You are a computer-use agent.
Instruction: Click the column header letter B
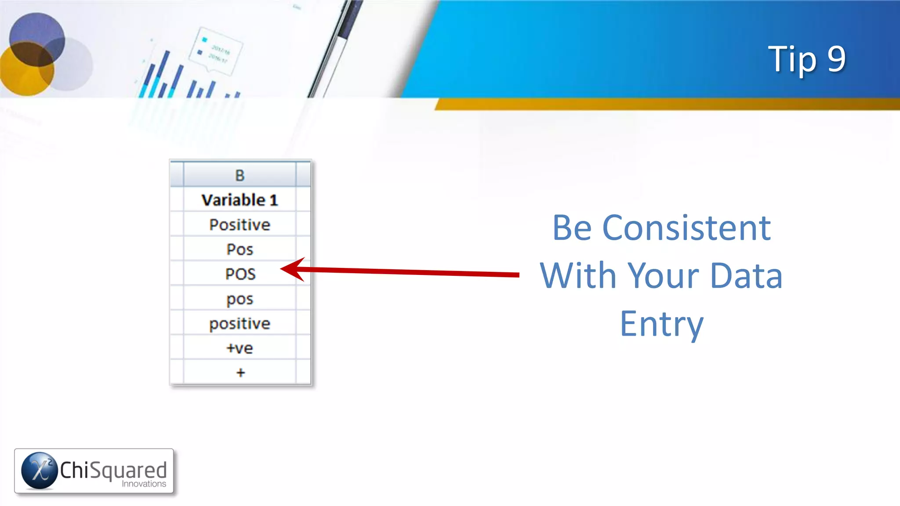click(240, 175)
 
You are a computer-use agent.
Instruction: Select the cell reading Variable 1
click(240, 200)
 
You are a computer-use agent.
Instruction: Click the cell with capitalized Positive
click(240, 224)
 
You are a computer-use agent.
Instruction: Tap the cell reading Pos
click(240, 249)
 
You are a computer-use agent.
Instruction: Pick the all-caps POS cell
click(240, 274)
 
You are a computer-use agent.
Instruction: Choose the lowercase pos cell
click(240, 299)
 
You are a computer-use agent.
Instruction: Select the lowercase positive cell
click(240, 324)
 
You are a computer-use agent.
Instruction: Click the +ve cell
click(240, 348)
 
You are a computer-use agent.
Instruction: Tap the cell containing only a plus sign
click(240, 372)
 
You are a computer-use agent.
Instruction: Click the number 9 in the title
click(836, 59)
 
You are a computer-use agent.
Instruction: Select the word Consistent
click(686, 228)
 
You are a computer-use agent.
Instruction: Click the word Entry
click(661, 324)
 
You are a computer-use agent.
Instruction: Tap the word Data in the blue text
click(746, 276)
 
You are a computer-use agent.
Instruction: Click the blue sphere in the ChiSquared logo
click(40, 470)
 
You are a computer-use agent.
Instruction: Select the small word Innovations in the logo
click(144, 484)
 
